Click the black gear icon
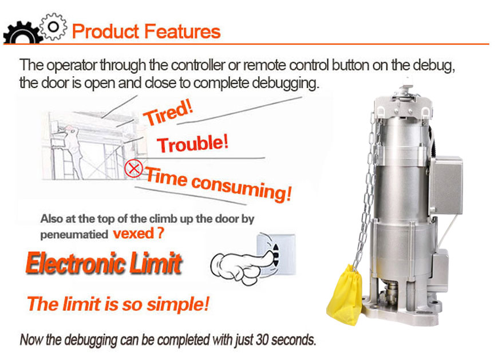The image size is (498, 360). click(22, 33)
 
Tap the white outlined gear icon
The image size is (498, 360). click(53, 26)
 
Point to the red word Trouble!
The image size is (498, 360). click(193, 144)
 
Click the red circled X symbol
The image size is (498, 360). click(133, 169)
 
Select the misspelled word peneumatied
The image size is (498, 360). click(74, 235)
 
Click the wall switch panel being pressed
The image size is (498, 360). click(276, 254)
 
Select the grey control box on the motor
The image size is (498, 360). click(446, 185)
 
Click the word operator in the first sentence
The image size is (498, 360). click(72, 66)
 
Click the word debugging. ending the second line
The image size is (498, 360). click(285, 83)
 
